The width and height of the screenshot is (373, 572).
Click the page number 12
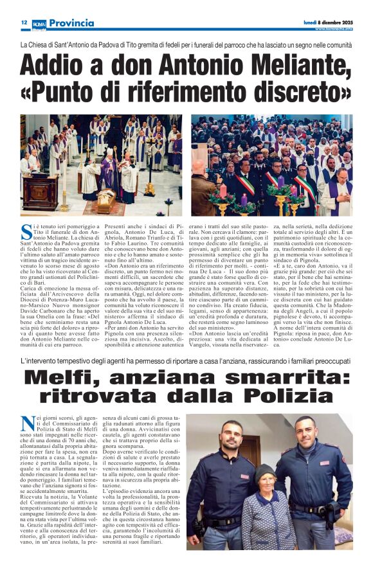click(24, 22)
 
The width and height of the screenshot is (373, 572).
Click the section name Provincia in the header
click(70, 23)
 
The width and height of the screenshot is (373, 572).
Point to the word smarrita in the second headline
click(286, 377)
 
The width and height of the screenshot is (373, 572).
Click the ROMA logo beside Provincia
click(39, 24)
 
